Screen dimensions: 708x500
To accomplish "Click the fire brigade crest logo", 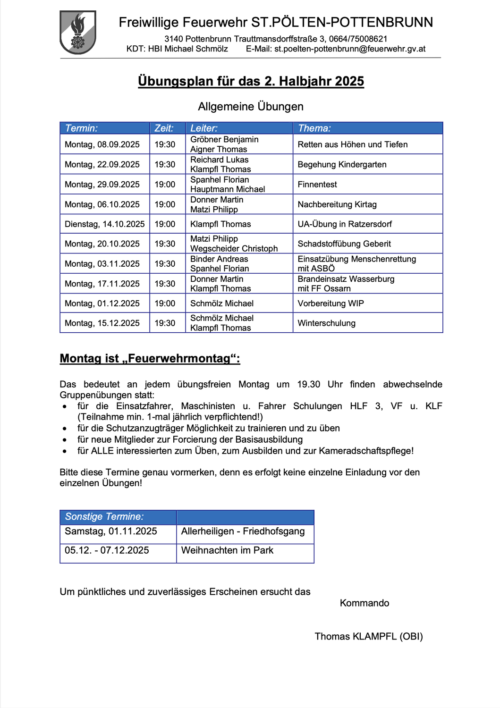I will click(x=78, y=32).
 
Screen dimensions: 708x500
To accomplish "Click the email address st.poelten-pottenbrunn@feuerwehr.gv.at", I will click(x=350, y=49).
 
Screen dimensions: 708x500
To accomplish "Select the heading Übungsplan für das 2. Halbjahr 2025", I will click(x=251, y=81).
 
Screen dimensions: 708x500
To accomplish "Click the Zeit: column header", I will click(x=164, y=128).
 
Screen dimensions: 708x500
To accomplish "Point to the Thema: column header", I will click(x=314, y=128).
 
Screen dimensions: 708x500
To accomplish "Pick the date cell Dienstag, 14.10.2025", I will click(x=105, y=224).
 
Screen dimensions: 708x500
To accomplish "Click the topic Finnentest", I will click(x=317, y=185).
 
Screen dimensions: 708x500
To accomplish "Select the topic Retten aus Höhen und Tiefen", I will click(x=352, y=144).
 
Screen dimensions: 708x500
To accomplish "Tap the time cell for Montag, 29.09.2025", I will click(x=165, y=185).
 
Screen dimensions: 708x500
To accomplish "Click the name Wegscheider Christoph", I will click(x=234, y=249).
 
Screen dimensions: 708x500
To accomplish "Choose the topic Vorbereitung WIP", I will click(x=331, y=303).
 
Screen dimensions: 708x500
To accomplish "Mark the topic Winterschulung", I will click(x=326, y=323).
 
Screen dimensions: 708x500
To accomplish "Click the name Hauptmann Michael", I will click(x=228, y=189).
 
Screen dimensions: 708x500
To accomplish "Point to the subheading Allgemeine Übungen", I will click(x=251, y=107).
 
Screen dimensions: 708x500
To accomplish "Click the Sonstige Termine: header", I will click(x=104, y=517).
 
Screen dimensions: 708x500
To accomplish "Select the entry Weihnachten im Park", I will click(x=227, y=550).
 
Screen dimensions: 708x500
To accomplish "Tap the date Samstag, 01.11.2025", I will click(x=111, y=531).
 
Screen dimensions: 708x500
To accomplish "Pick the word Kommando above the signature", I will click(x=364, y=603).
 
